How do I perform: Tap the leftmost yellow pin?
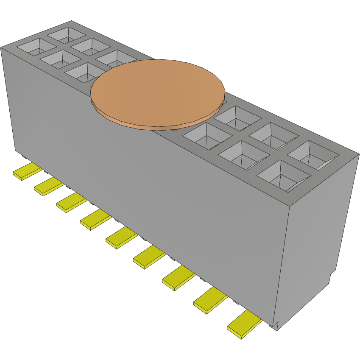pos(27,172)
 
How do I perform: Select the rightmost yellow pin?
pos(245,324)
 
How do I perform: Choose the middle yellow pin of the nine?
pos(121,237)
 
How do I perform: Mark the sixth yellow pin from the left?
pos(148,257)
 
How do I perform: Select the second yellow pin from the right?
pos(210,300)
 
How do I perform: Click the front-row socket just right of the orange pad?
pos(207,135)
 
